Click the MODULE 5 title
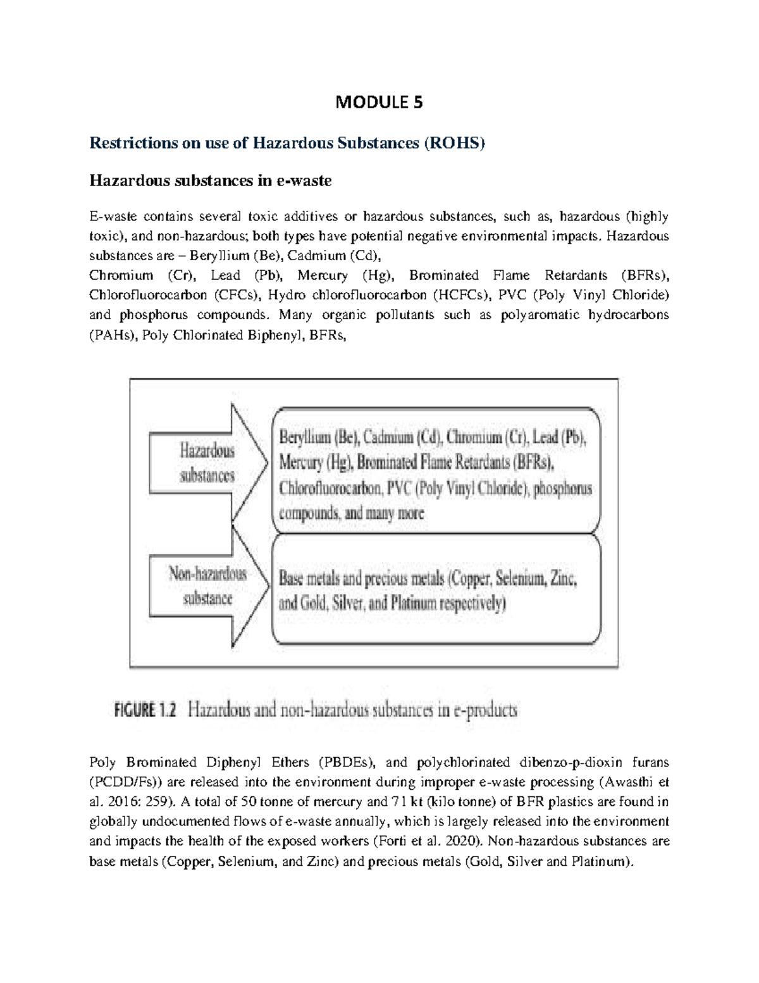pyautogui.click(x=379, y=102)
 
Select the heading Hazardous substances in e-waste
pyautogui.click(x=211, y=181)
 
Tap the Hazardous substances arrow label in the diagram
pyautogui.click(x=207, y=463)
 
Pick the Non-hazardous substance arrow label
pyautogui.click(x=207, y=585)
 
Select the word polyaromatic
pyautogui.click(x=538, y=315)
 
